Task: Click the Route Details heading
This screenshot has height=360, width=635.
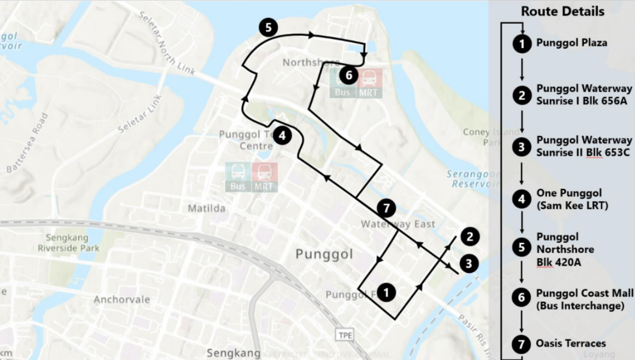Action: click(563, 11)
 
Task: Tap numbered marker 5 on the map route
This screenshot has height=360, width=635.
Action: click(268, 28)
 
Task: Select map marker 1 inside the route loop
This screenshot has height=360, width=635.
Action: click(387, 292)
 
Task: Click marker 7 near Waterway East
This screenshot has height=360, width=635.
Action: click(386, 209)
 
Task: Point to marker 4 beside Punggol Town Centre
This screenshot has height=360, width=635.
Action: click(283, 136)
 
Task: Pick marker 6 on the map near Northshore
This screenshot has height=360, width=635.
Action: click(348, 75)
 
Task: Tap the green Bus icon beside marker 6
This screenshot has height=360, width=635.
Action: click(342, 83)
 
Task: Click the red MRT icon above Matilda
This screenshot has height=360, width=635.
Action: click(265, 176)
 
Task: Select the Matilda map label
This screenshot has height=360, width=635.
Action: click(206, 209)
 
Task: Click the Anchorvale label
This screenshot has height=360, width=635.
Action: click(122, 300)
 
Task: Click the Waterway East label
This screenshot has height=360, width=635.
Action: click(398, 224)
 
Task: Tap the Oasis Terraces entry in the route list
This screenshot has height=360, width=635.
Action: click(571, 344)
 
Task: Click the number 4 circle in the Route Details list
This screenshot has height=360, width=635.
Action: click(522, 199)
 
